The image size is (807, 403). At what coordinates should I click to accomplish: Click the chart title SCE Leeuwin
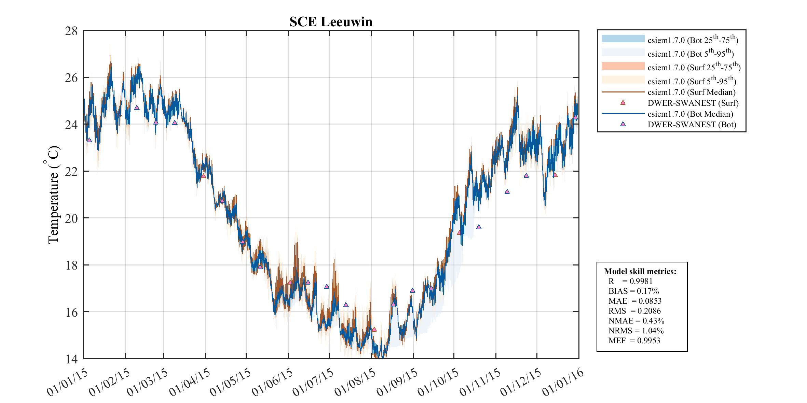click(x=331, y=22)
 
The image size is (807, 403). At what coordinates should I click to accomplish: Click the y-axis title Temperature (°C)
click(x=53, y=195)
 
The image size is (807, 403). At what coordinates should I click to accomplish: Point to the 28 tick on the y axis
click(x=71, y=31)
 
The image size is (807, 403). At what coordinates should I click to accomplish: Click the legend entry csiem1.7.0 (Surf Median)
click(x=692, y=92)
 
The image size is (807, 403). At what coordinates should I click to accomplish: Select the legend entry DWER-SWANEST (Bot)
click(x=692, y=125)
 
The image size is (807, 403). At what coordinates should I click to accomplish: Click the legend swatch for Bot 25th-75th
click(x=623, y=39)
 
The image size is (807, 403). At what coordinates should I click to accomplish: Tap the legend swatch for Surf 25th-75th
click(x=623, y=66)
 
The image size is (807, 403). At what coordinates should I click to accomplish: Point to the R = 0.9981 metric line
click(x=630, y=281)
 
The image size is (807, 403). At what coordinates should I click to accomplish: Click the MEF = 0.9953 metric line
click(x=634, y=341)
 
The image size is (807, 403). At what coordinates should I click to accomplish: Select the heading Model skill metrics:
click(x=640, y=271)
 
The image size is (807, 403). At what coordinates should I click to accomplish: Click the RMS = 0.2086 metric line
click(x=634, y=311)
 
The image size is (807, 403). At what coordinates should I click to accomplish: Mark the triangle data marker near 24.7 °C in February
click(x=137, y=108)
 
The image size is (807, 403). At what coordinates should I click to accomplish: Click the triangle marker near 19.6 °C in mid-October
click(x=479, y=227)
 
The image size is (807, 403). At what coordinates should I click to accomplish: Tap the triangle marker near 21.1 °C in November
click(x=507, y=192)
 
